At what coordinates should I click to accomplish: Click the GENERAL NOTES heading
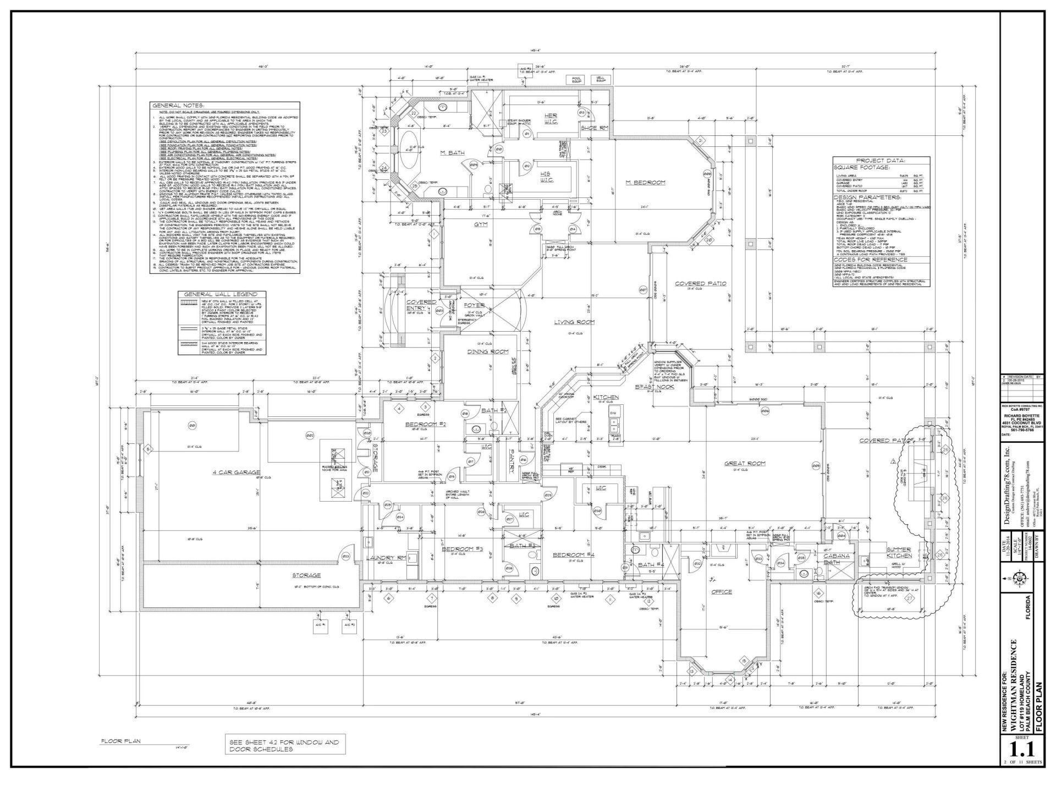(178, 106)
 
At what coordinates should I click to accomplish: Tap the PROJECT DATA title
(880, 161)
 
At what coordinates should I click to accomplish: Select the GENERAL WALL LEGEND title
(220, 294)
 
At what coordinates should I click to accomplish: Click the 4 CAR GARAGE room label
(236, 472)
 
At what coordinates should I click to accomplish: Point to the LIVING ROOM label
(574, 322)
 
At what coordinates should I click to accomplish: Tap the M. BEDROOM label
(646, 182)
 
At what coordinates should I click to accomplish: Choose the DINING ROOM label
(488, 351)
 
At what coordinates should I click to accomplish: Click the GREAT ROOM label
(745, 463)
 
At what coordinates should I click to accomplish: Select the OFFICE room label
(722, 592)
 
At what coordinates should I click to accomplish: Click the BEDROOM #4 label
(574, 554)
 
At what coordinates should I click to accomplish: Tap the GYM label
(482, 224)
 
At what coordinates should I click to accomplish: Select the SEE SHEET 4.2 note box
(284, 746)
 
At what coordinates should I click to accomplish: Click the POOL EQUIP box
(576, 79)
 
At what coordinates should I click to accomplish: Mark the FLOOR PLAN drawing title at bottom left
(120, 741)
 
